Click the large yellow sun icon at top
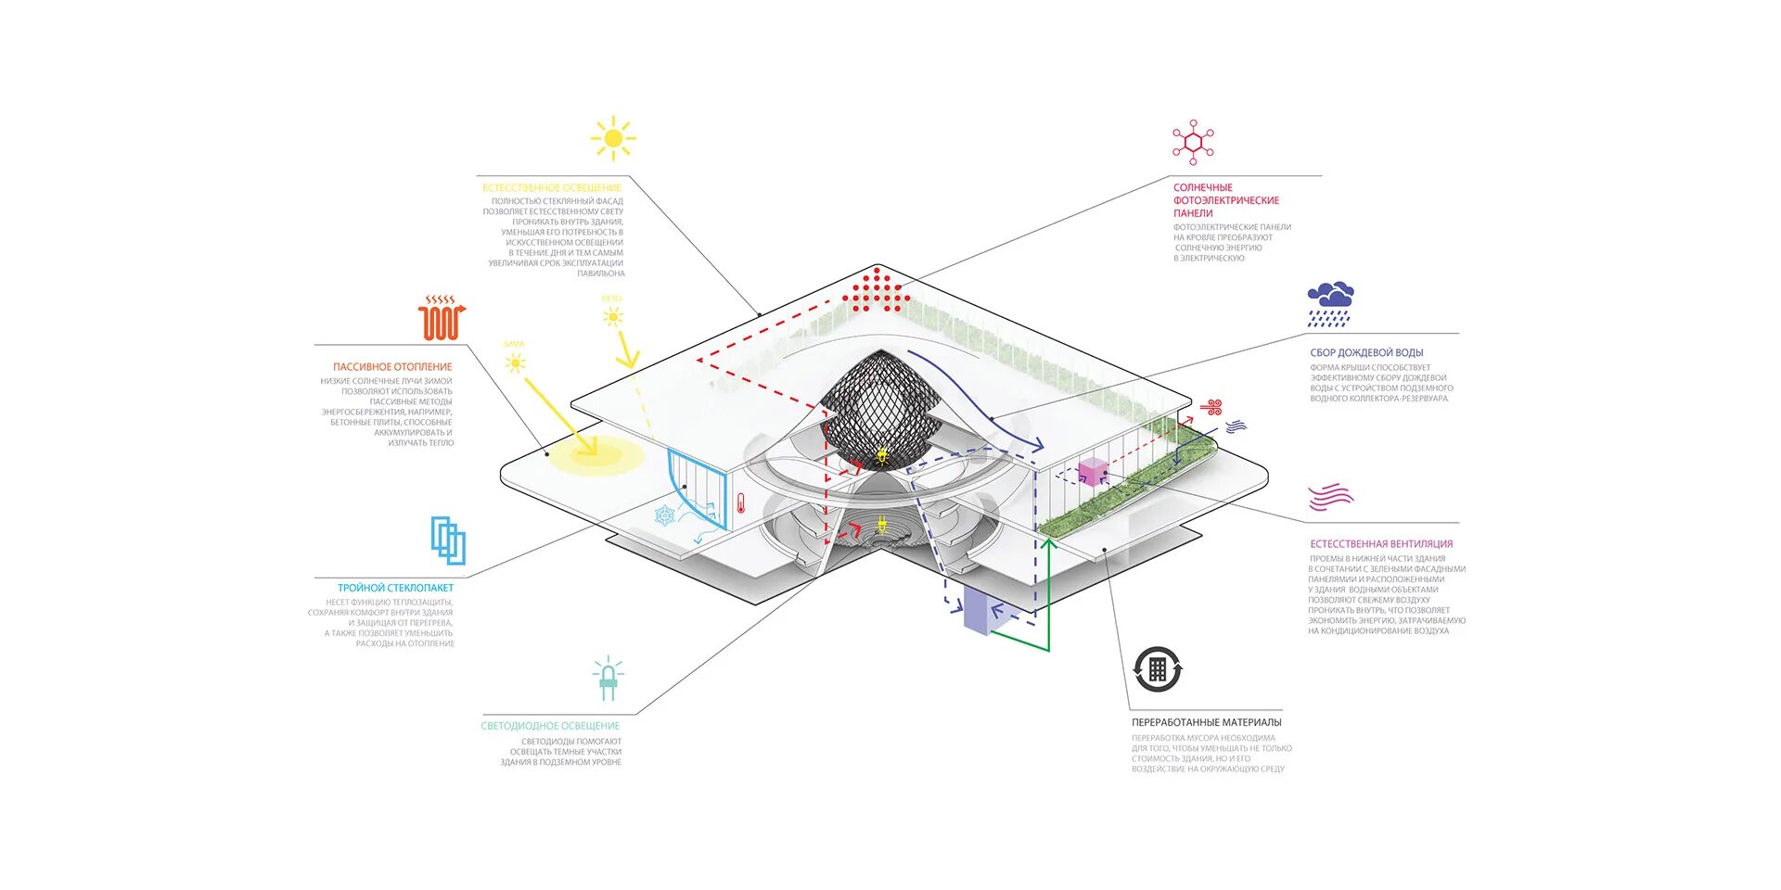[x=612, y=139]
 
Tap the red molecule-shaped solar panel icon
[x=1193, y=143]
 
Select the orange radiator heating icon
[x=442, y=318]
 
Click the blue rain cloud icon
[x=1330, y=304]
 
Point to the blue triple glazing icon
[x=448, y=540]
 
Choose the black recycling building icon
[x=1158, y=669]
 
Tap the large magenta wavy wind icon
[x=1330, y=498]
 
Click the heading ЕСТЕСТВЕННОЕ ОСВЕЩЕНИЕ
[x=551, y=188]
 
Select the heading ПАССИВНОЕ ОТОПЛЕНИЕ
[x=392, y=367]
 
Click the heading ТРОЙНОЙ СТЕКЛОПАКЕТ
[x=395, y=588]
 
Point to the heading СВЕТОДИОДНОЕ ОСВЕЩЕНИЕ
[x=550, y=726]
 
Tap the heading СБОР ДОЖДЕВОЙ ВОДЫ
[x=1366, y=353]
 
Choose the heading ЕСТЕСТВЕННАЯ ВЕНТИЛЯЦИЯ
[x=1381, y=544]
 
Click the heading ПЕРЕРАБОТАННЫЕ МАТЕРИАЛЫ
[x=1206, y=722]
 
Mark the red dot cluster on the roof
[x=874, y=290]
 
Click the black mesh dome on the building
[x=879, y=406]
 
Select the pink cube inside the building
[x=1093, y=471]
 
